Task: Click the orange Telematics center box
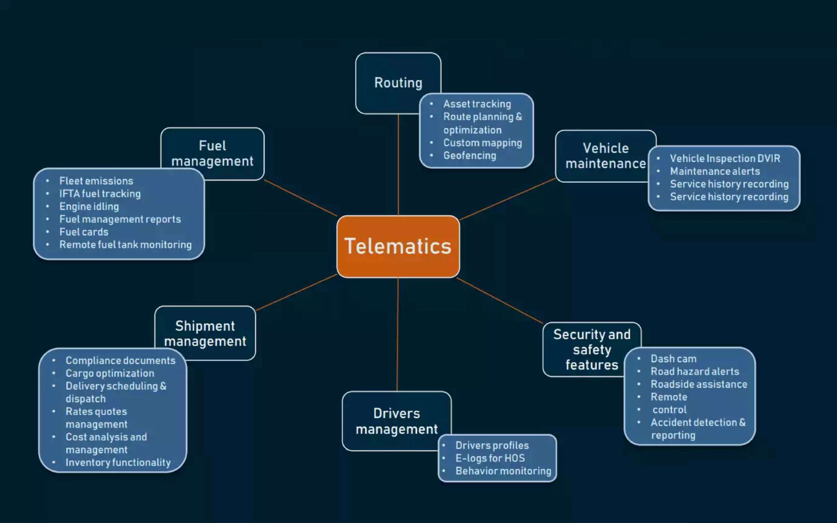pyautogui.click(x=398, y=246)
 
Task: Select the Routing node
pyautogui.click(x=398, y=82)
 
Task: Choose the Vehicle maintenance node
pyautogui.click(x=605, y=155)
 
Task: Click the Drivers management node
pyautogui.click(x=396, y=421)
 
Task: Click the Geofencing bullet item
pyautogui.click(x=469, y=156)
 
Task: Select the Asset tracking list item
pyautogui.click(x=477, y=104)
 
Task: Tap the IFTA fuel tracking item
pyautogui.click(x=100, y=194)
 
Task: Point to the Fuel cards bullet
pyautogui.click(x=83, y=232)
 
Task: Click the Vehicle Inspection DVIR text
pyautogui.click(x=725, y=159)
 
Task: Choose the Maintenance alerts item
pyautogui.click(x=714, y=172)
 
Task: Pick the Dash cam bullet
pyautogui.click(x=673, y=359)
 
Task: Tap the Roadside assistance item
pyautogui.click(x=699, y=385)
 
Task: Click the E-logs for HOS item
pyautogui.click(x=489, y=459)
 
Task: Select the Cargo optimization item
pyautogui.click(x=110, y=374)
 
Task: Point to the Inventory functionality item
pyautogui.click(x=118, y=463)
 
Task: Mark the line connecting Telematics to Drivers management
pyautogui.click(x=397, y=335)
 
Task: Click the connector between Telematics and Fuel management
pyautogui.click(x=300, y=198)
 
